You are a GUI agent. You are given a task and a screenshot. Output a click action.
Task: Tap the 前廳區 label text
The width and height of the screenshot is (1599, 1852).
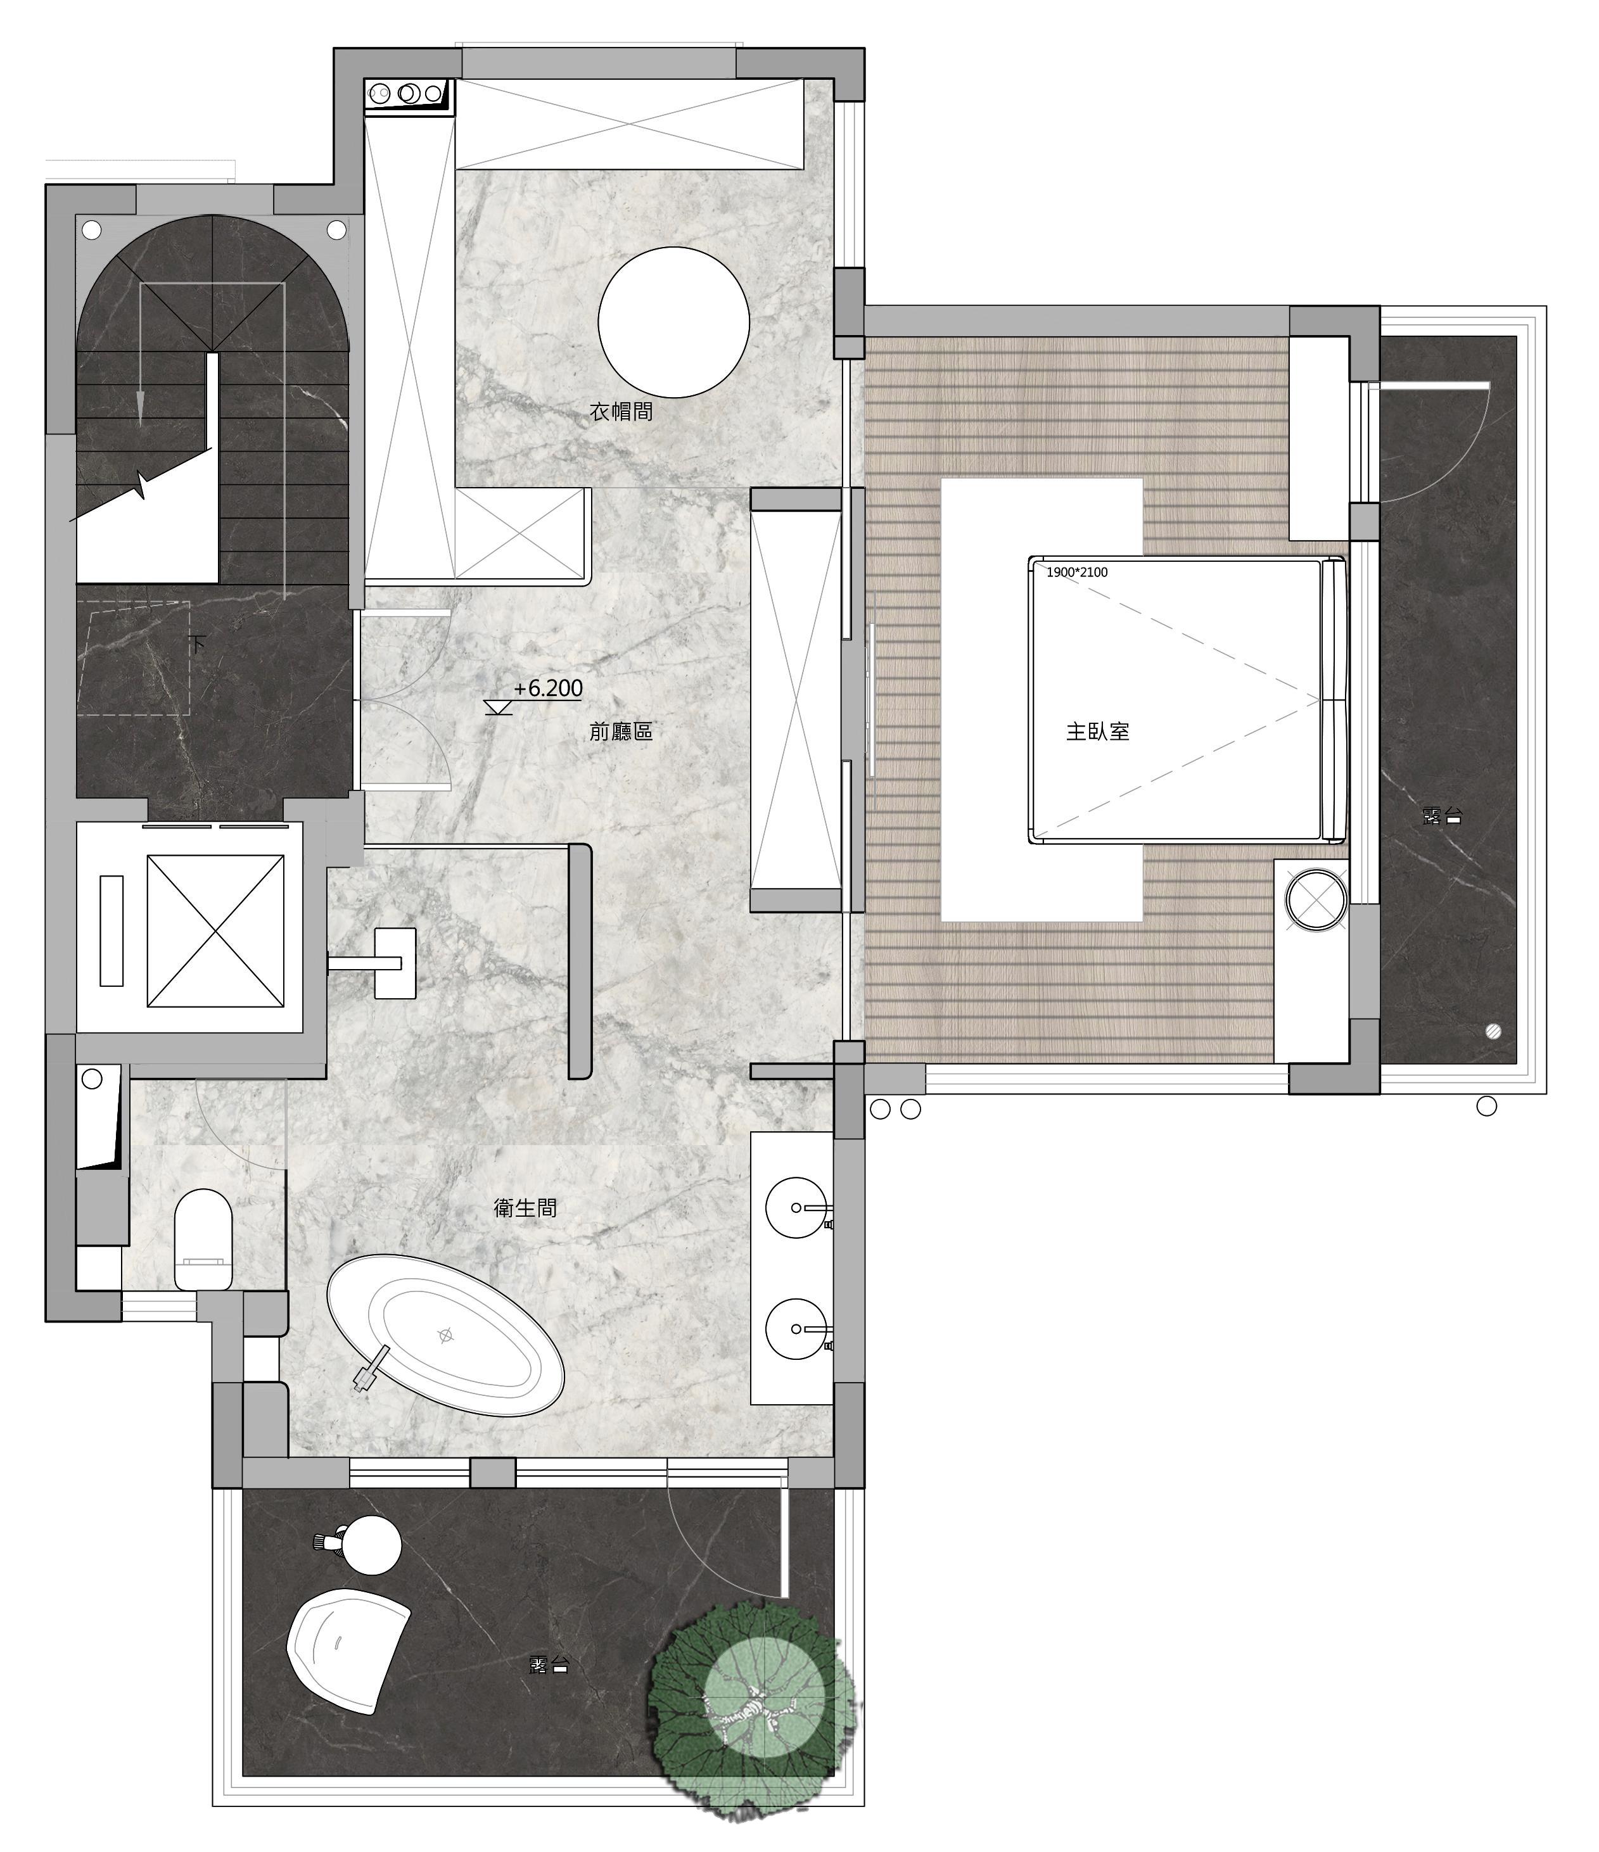click(x=621, y=731)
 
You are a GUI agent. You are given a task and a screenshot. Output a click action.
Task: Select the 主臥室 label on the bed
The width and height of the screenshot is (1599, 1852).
click(x=1098, y=731)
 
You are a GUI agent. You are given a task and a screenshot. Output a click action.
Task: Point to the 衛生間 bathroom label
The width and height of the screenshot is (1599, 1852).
click(x=526, y=1208)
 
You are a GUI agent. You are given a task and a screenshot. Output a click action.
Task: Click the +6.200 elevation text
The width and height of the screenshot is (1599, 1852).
click(x=548, y=688)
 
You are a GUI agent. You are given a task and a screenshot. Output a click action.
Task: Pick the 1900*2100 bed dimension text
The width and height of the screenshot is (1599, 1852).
click(x=1077, y=572)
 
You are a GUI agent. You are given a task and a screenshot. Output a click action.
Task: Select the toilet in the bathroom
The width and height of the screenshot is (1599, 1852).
click(x=203, y=1239)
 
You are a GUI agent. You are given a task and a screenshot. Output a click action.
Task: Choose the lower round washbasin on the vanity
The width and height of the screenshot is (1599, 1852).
click(x=796, y=1329)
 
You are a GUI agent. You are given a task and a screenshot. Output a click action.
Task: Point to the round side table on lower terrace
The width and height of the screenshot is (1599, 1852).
click(x=372, y=1545)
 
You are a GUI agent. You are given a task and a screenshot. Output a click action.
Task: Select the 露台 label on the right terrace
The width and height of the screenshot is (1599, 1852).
click(x=1441, y=815)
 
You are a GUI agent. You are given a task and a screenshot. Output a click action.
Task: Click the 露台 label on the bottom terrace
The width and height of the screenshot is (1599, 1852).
click(x=549, y=1665)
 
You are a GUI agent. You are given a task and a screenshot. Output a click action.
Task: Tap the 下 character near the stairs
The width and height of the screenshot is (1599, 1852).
click(x=198, y=643)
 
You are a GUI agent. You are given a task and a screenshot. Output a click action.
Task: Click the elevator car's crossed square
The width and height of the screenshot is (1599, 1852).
click(x=215, y=930)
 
